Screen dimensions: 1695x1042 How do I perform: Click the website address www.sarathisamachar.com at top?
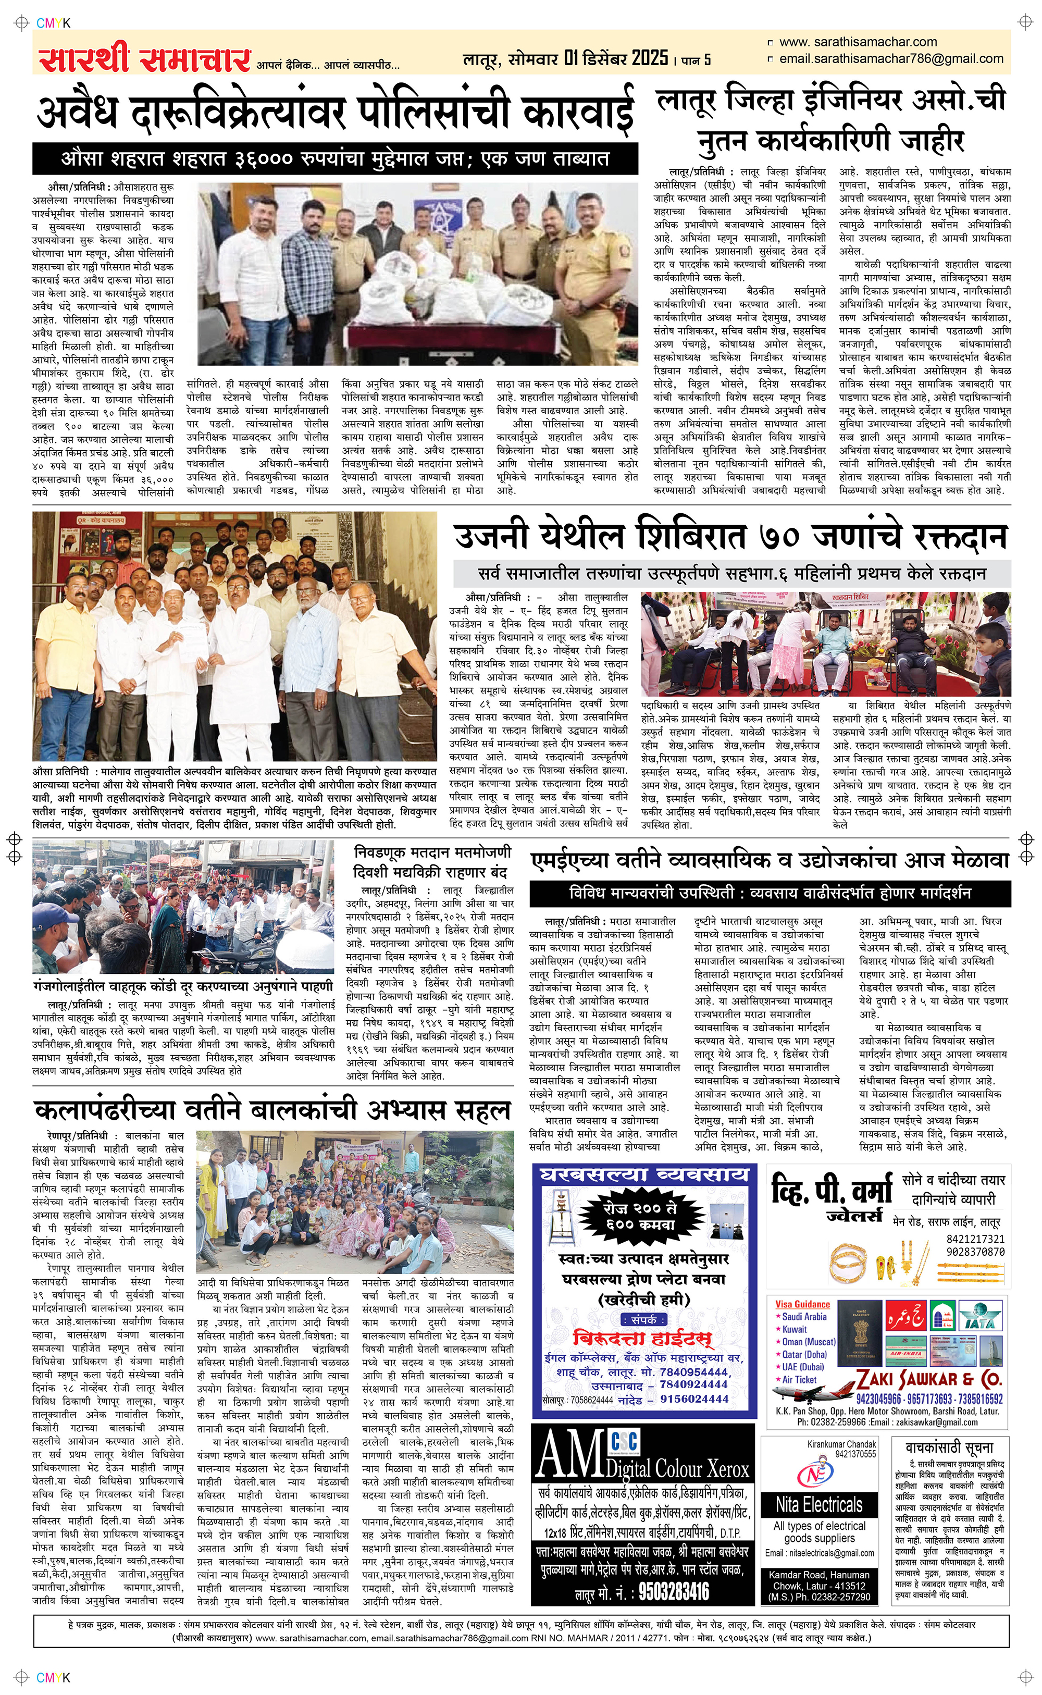[x=858, y=42]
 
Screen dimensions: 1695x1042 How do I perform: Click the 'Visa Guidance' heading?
[x=802, y=1304]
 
